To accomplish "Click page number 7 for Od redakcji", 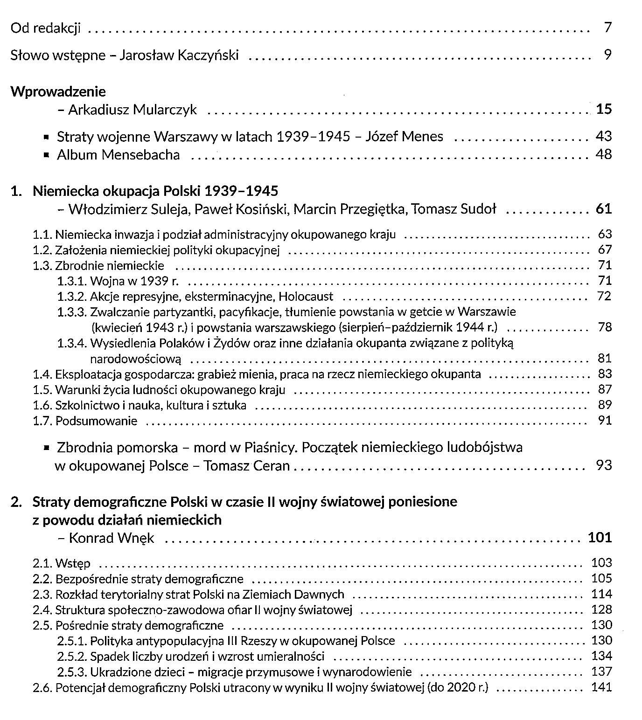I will (607, 28).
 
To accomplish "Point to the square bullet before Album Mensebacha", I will (46, 155).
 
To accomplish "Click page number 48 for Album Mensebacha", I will (603, 154).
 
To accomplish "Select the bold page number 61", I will (603, 208).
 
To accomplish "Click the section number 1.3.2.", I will (72, 296).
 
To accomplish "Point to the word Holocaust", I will (306, 296).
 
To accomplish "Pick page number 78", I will (604, 327).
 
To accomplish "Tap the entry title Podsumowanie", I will (97, 421).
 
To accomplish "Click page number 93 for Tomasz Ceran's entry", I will (603, 465).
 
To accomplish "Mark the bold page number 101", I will (600, 537).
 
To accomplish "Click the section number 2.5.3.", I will (72, 672).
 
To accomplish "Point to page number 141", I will (601, 687).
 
